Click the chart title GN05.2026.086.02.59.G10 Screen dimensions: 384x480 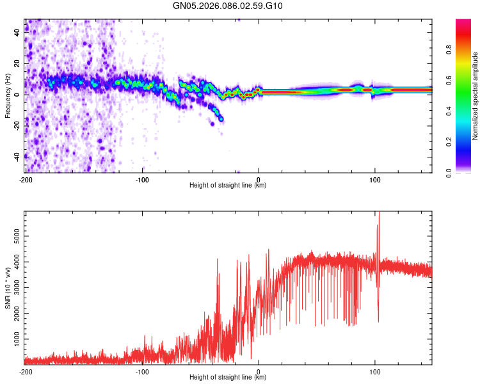228,6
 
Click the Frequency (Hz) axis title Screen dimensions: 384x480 8,96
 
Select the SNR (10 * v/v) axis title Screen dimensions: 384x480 8,289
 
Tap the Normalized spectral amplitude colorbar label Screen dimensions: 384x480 476,97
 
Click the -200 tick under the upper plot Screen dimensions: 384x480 26,179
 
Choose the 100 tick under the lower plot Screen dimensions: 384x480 374,371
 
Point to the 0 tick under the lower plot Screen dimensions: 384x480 259,371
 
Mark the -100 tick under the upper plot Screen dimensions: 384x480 142,179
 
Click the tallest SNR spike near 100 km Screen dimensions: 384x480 379,214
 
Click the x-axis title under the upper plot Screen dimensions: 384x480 228,186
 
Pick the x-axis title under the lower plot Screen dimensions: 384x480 228,378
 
